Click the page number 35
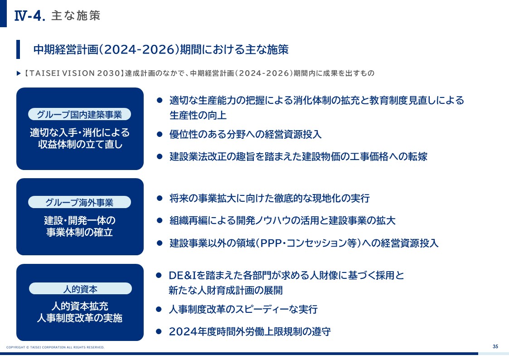click(x=495, y=346)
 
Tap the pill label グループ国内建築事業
click(x=79, y=114)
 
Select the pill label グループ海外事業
click(x=79, y=202)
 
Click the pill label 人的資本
click(x=80, y=288)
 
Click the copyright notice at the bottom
click(x=55, y=347)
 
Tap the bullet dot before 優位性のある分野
click(x=160, y=134)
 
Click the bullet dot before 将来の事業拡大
click(x=160, y=198)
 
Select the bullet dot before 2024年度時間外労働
click(x=159, y=331)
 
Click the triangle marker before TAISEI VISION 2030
click(x=19, y=73)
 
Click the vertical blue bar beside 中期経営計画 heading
click(x=18, y=49)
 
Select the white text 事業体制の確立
click(x=79, y=232)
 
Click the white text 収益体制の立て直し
click(x=80, y=144)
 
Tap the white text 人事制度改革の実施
click(x=79, y=317)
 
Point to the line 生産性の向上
click(x=198, y=115)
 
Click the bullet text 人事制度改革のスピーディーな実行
click(x=243, y=309)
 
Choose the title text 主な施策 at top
click(x=76, y=15)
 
